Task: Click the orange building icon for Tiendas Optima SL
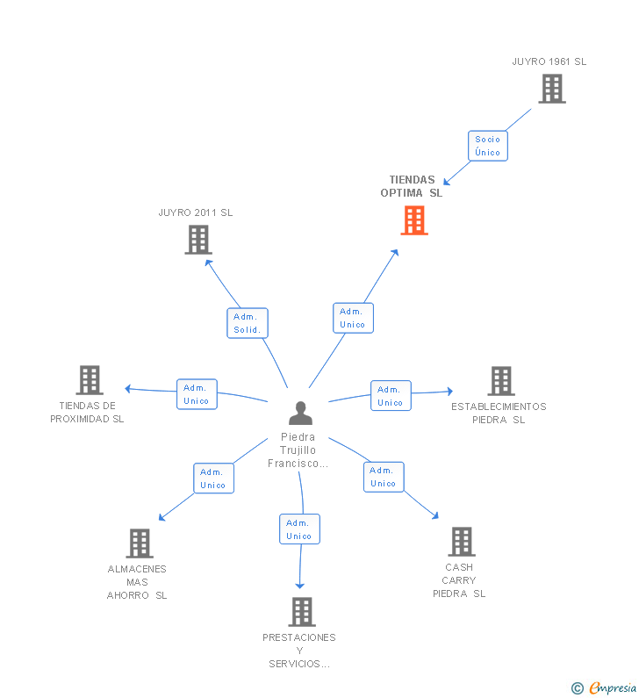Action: [x=414, y=220]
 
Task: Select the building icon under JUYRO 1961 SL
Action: [x=551, y=89]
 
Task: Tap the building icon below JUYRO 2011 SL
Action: [x=198, y=240]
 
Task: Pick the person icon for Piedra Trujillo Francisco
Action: [x=300, y=413]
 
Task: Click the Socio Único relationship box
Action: [x=487, y=146]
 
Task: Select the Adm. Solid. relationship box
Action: [x=247, y=324]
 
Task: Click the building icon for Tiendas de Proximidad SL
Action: [x=90, y=380]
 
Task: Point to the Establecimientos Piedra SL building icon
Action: [x=501, y=381]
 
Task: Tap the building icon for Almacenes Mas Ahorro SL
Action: [x=139, y=543]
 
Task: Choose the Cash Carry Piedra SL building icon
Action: [x=461, y=542]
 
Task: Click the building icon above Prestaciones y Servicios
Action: [x=301, y=612]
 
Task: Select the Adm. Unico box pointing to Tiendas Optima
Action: [x=353, y=318]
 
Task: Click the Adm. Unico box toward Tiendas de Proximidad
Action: [x=197, y=394]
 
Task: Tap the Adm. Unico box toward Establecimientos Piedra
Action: [x=391, y=396]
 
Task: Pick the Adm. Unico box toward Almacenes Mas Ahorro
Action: [x=213, y=479]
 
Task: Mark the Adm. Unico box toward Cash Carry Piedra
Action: [x=384, y=477]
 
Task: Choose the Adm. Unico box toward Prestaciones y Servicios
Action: [x=299, y=529]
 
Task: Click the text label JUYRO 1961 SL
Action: [x=549, y=61]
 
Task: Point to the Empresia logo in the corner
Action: [x=605, y=688]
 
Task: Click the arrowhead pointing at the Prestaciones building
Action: [x=300, y=585]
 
